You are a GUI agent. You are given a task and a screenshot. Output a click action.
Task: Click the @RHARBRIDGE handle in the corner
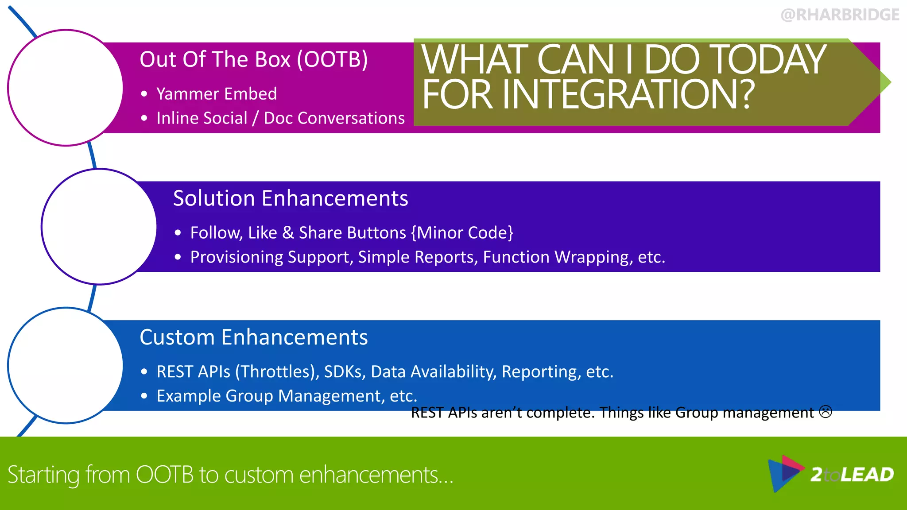pos(840,15)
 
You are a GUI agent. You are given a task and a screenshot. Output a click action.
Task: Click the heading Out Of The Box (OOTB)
pos(253,60)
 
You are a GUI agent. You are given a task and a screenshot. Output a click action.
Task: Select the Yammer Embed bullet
pos(216,94)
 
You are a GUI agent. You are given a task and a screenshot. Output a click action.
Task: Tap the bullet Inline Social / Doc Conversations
pos(280,118)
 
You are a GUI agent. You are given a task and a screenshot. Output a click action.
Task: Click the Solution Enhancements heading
pos(290,198)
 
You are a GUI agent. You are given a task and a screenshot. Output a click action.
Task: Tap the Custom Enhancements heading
pos(253,337)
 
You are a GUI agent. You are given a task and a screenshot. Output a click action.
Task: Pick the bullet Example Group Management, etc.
pos(287,396)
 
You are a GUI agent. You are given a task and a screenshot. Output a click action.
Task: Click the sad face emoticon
pos(826,412)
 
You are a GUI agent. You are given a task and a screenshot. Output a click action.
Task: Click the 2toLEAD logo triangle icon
pos(784,473)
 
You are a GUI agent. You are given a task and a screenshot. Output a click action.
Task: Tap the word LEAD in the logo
pos(867,475)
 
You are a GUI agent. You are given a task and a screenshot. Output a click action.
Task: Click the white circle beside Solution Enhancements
pos(99,227)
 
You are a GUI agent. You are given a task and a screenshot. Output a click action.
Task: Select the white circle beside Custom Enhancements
pos(66,366)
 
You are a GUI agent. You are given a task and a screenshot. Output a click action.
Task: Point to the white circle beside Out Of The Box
pos(66,88)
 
